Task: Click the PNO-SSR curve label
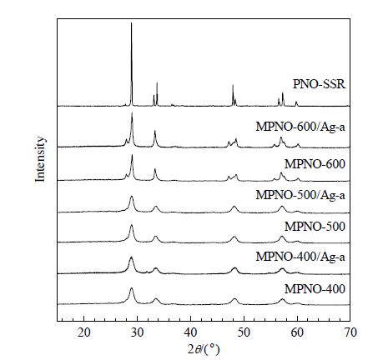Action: point(319,84)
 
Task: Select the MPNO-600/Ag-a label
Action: point(300,127)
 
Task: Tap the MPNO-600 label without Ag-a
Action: point(315,164)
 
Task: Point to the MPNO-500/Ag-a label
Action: point(300,195)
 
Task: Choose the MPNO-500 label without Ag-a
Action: point(315,227)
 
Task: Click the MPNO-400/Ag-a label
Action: point(300,257)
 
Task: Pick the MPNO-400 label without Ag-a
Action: point(315,289)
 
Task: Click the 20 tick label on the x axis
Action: point(84,332)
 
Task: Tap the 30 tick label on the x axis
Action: point(137,332)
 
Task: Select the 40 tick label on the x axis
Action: point(190,332)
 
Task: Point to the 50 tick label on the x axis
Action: point(244,332)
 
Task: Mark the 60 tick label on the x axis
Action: point(297,332)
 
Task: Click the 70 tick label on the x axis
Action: point(350,332)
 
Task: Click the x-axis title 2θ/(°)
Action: point(204,349)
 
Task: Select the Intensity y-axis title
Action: point(40,159)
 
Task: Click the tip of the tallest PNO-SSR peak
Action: point(131,22)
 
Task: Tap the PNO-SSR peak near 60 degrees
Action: point(296,102)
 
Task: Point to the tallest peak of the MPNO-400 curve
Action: point(131,288)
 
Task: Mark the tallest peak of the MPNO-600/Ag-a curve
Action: point(132,112)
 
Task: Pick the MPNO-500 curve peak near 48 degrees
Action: point(234,237)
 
